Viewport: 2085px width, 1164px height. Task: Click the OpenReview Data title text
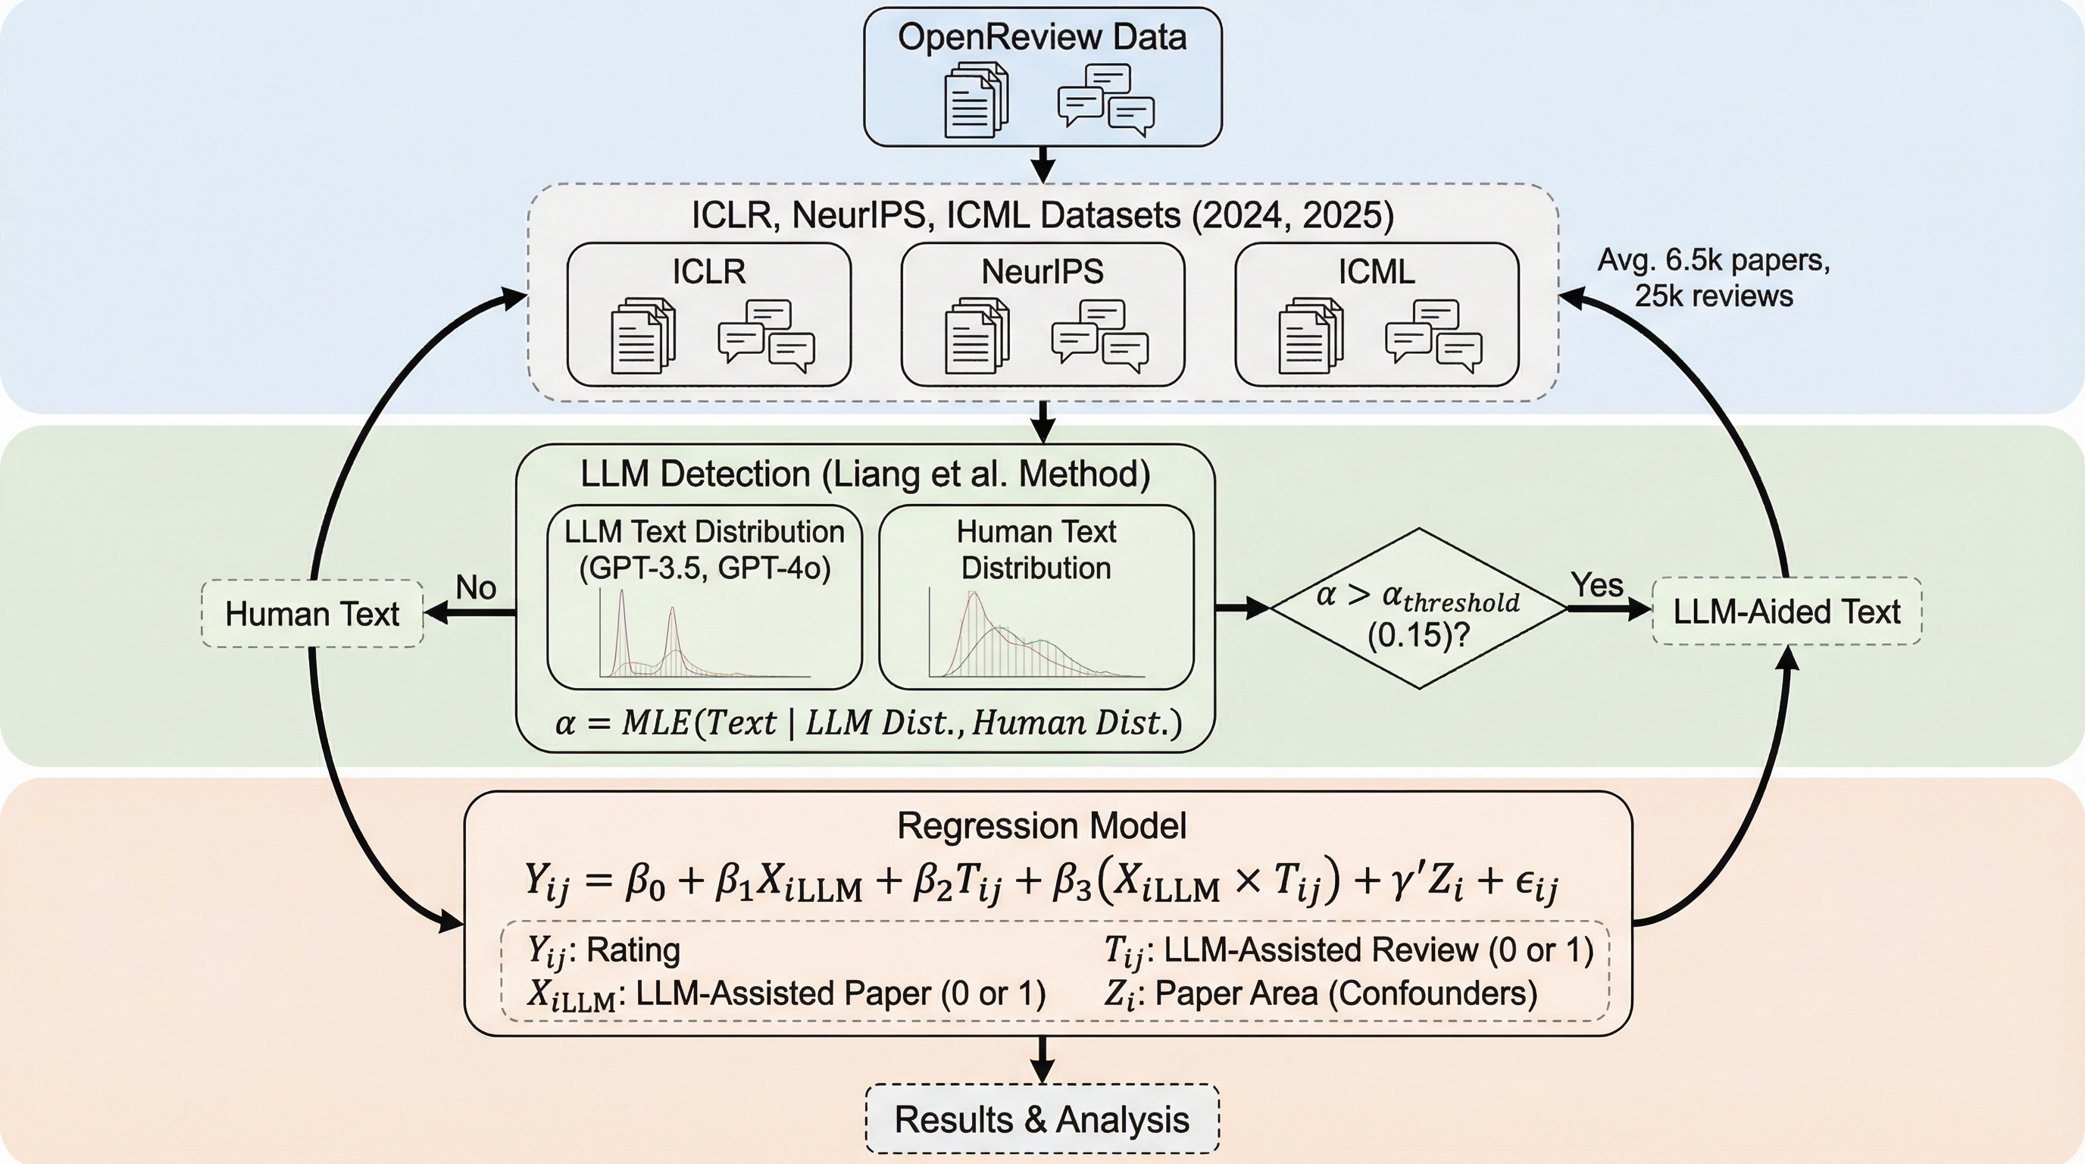(x=1042, y=37)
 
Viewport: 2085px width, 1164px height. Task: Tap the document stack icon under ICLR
(x=642, y=336)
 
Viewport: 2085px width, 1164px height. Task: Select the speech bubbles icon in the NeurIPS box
(x=1099, y=336)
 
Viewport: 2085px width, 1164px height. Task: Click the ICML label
(x=1376, y=272)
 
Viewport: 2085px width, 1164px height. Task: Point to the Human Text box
(x=312, y=614)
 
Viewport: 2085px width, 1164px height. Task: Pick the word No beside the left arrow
(x=476, y=587)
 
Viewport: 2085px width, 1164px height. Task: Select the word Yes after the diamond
(x=1596, y=584)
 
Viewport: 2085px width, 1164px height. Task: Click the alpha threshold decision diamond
(x=1418, y=609)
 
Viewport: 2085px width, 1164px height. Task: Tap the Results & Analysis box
(x=1042, y=1119)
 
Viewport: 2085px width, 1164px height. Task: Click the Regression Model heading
(x=1042, y=826)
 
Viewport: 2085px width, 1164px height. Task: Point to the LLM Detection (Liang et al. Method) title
(x=865, y=474)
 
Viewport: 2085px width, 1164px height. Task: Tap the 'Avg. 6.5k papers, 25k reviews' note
(x=1714, y=277)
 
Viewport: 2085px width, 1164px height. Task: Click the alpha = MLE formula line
(x=867, y=722)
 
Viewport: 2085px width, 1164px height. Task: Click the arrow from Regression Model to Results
(x=1042, y=1059)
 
